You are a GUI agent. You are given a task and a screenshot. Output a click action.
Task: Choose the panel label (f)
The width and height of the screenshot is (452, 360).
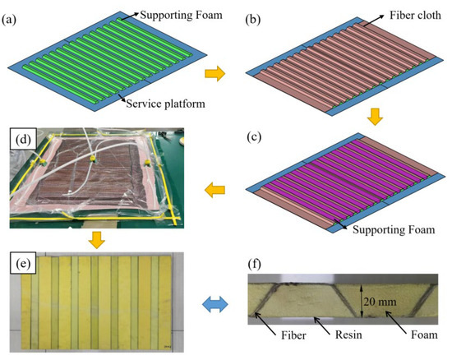256,265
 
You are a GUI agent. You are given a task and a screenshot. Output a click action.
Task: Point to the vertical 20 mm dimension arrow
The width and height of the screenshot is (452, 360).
359,301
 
